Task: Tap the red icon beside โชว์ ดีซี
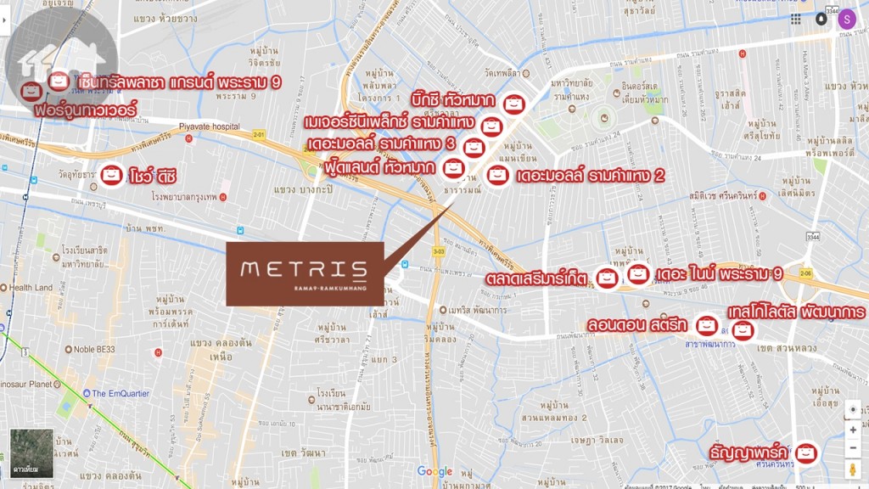click(x=111, y=175)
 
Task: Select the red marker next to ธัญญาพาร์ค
click(x=805, y=453)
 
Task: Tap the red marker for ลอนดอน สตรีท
click(x=705, y=324)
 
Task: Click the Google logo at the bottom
click(x=434, y=472)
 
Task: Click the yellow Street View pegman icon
click(x=853, y=469)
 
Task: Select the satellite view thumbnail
click(x=31, y=453)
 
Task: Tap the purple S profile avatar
click(x=846, y=19)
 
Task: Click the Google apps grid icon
click(x=796, y=19)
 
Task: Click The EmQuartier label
click(x=125, y=394)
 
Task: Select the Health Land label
click(x=31, y=288)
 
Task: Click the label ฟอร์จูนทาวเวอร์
click(x=82, y=110)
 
